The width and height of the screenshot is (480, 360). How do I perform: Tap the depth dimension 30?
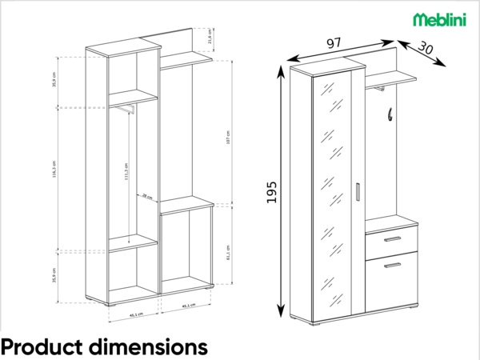(x=425, y=48)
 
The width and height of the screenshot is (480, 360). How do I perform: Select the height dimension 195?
(x=271, y=192)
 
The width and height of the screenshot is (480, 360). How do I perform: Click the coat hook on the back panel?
(x=390, y=115)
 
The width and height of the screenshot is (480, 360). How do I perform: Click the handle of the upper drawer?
(x=392, y=239)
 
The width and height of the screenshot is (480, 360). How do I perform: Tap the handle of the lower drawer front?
(x=392, y=265)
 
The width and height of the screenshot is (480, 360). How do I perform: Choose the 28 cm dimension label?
(x=146, y=195)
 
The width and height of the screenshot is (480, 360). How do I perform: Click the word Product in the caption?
(x=41, y=346)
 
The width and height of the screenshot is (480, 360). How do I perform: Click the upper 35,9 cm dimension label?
(x=54, y=80)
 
